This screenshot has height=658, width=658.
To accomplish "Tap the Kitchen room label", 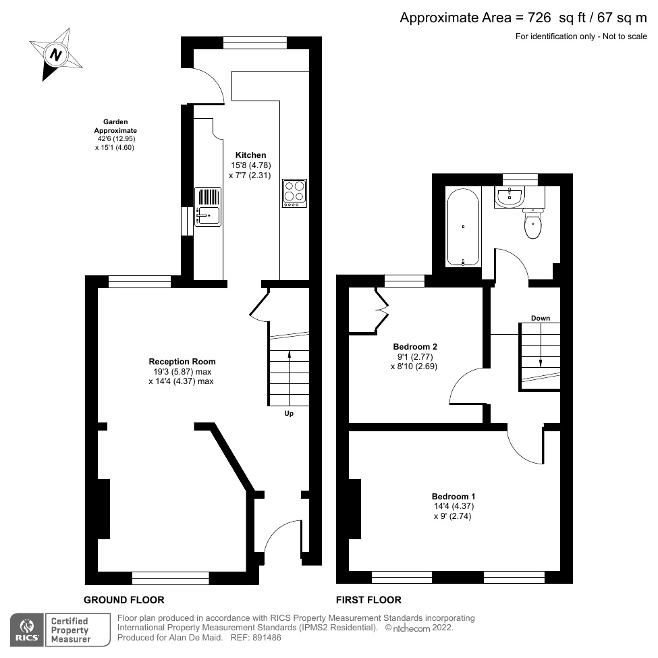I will [250, 155].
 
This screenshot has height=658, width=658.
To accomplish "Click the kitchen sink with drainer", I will [208, 207].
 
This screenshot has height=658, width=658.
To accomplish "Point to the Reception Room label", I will [182, 361].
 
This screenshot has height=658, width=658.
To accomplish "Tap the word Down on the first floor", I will [540, 318].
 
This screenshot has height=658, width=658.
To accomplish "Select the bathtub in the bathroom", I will [463, 227].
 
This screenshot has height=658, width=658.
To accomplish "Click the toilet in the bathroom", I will [532, 225].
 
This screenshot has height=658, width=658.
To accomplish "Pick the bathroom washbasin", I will [510, 196].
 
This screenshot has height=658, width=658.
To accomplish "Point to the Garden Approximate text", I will [115, 126].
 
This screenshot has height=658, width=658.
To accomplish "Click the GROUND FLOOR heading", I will [124, 599].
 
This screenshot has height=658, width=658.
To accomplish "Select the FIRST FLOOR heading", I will [368, 599].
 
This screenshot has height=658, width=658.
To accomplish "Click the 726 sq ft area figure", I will [524, 18].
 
